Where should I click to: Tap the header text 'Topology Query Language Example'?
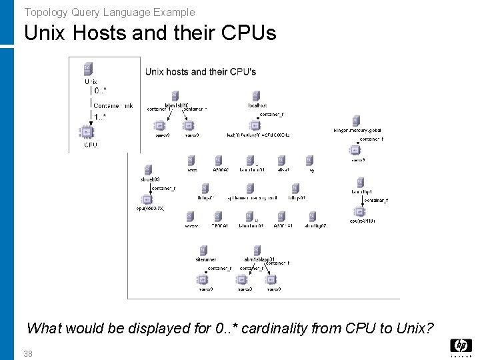pos(110,12)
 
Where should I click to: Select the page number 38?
pos(27,353)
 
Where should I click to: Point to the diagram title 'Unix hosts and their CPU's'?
pos(201,71)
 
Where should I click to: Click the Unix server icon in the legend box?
pos(88,69)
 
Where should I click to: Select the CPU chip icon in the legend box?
pos(88,132)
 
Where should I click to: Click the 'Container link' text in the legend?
pos(113,105)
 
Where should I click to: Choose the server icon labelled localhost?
pos(257,95)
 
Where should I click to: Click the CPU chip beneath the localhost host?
pos(257,125)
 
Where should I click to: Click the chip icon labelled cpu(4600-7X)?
pos(147,199)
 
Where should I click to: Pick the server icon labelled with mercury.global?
pos(356,121)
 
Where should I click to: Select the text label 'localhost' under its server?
pos(257,105)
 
